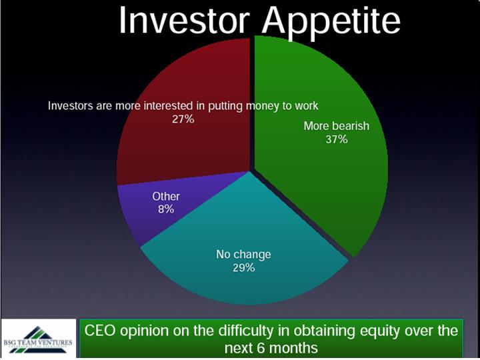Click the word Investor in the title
(183, 19)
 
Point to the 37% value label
(337, 139)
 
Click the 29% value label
(243, 268)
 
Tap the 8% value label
(166, 209)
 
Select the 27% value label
(183, 119)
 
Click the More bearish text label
(337, 126)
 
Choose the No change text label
(243, 255)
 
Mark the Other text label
(166, 196)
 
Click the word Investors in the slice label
(71, 106)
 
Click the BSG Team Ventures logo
(38, 338)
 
